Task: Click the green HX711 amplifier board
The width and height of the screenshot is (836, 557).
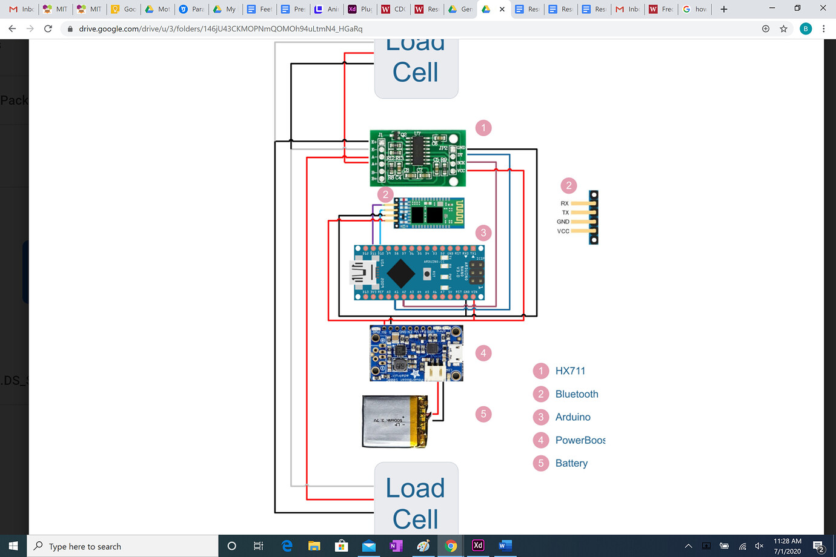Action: tap(418, 158)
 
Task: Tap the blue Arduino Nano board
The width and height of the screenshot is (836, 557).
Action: tap(419, 273)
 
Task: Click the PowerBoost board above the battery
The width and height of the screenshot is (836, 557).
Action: tap(416, 353)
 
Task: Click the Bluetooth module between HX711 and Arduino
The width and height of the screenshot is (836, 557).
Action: tap(429, 213)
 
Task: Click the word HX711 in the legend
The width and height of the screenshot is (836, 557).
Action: tap(570, 371)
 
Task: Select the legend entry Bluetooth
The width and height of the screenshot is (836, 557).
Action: tap(576, 394)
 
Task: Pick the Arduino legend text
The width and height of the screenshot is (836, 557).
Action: tap(572, 417)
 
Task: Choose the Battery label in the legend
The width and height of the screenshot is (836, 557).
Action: tap(571, 463)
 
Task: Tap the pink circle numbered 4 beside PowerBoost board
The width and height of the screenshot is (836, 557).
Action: tap(483, 353)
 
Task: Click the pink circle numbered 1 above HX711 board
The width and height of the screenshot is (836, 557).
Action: tap(483, 128)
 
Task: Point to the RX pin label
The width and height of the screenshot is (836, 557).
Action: tap(564, 203)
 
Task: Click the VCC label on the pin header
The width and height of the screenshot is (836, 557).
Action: tap(563, 231)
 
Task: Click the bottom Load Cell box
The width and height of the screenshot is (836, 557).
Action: tap(416, 499)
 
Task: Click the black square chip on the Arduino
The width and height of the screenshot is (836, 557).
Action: tap(400, 274)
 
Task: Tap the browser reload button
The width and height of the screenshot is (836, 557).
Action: tap(48, 28)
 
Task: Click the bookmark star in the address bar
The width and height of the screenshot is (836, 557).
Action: tap(783, 28)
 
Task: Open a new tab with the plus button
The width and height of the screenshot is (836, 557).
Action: tap(723, 9)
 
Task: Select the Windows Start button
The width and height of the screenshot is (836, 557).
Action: tap(13, 546)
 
